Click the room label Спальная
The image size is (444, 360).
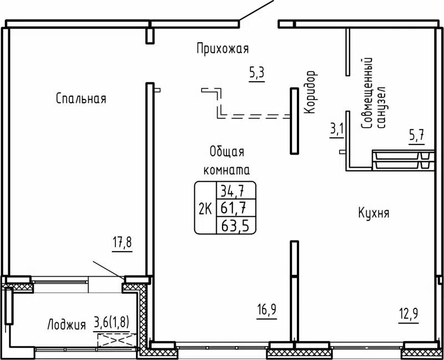point(80,99)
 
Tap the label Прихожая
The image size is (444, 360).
point(222,49)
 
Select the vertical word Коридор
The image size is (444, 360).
point(310,92)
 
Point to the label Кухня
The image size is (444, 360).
point(373,213)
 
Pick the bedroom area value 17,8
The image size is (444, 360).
point(123,243)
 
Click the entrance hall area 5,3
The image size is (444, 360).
point(256,72)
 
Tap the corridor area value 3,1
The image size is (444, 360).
point(337,130)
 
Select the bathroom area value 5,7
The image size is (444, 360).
point(416,135)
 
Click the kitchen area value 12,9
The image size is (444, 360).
point(408,314)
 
